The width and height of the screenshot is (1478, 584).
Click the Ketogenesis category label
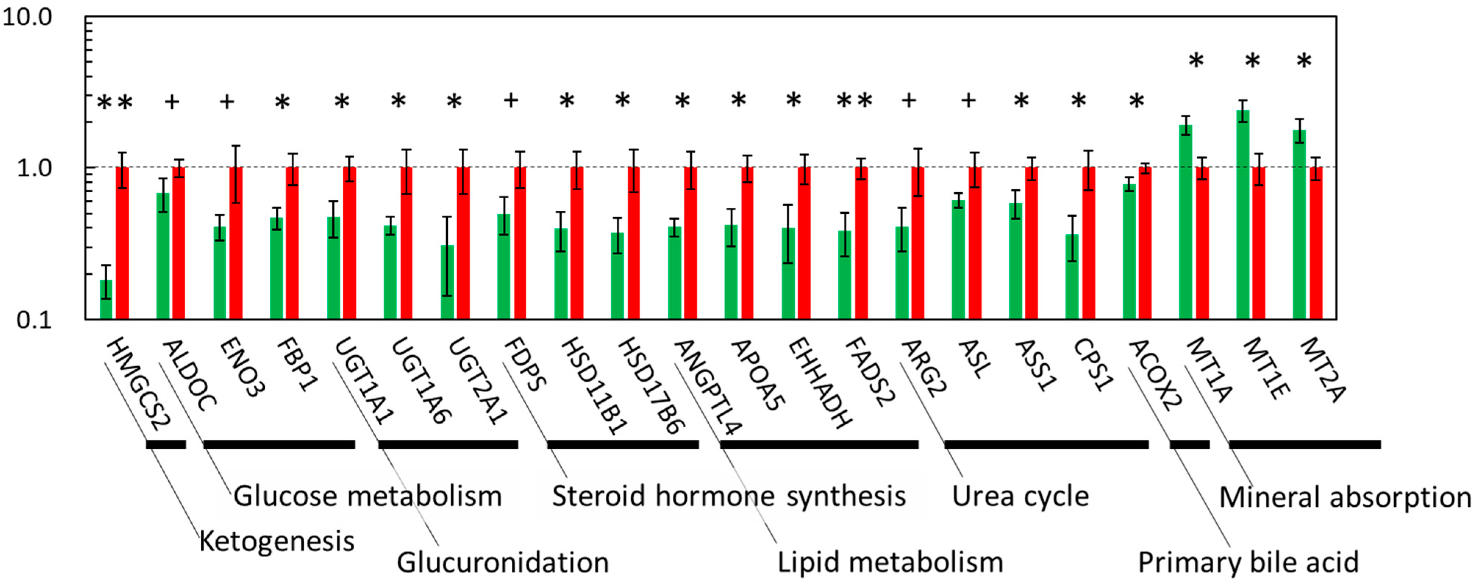tap(276, 541)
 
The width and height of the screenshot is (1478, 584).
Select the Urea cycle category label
tap(1020, 496)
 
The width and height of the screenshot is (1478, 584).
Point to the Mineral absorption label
tap(1344, 497)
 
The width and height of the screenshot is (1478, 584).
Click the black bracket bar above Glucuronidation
tap(448, 444)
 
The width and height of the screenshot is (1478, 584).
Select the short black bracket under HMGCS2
tap(166, 444)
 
